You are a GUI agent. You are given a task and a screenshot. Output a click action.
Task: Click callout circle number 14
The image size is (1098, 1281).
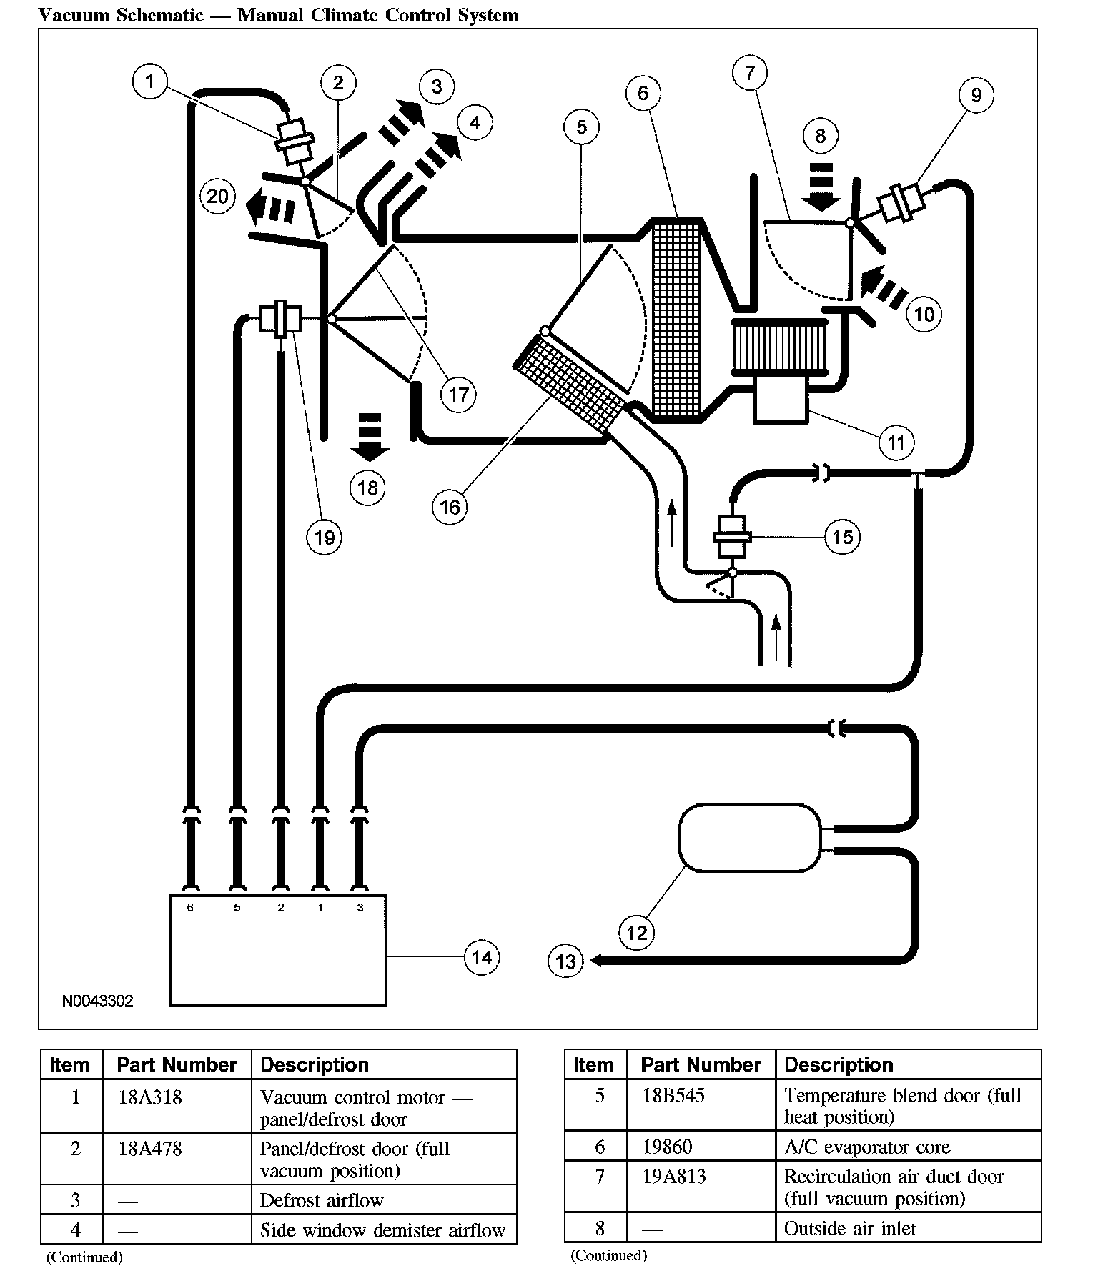tap(481, 957)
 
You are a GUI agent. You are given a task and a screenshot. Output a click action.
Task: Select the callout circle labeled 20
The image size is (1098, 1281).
tap(217, 196)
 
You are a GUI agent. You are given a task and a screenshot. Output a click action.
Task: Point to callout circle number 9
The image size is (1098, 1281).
tap(976, 95)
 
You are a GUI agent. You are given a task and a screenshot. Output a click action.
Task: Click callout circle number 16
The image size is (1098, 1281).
tap(450, 507)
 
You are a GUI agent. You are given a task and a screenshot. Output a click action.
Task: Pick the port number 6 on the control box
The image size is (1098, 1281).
tap(190, 908)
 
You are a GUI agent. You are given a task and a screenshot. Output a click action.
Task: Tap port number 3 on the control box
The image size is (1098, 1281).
tap(360, 908)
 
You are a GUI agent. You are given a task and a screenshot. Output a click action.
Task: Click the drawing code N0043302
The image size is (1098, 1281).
tap(97, 1001)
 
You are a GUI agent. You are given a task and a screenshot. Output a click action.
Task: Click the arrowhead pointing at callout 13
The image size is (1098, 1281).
tap(595, 961)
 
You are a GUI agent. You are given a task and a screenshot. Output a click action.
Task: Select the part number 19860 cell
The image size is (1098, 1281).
tap(667, 1147)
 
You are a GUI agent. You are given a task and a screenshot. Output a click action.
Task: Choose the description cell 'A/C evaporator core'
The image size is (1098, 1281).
tap(866, 1147)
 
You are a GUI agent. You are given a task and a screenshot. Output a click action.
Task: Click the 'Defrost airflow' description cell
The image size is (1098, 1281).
tap(322, 1200)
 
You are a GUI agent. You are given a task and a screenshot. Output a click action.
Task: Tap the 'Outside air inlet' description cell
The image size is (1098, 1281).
tap(849, 1229)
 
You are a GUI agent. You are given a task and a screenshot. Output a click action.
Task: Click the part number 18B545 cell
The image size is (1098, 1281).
tap(673, 1096)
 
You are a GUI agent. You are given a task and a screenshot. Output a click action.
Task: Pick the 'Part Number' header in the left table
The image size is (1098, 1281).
tap(177, 1065)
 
